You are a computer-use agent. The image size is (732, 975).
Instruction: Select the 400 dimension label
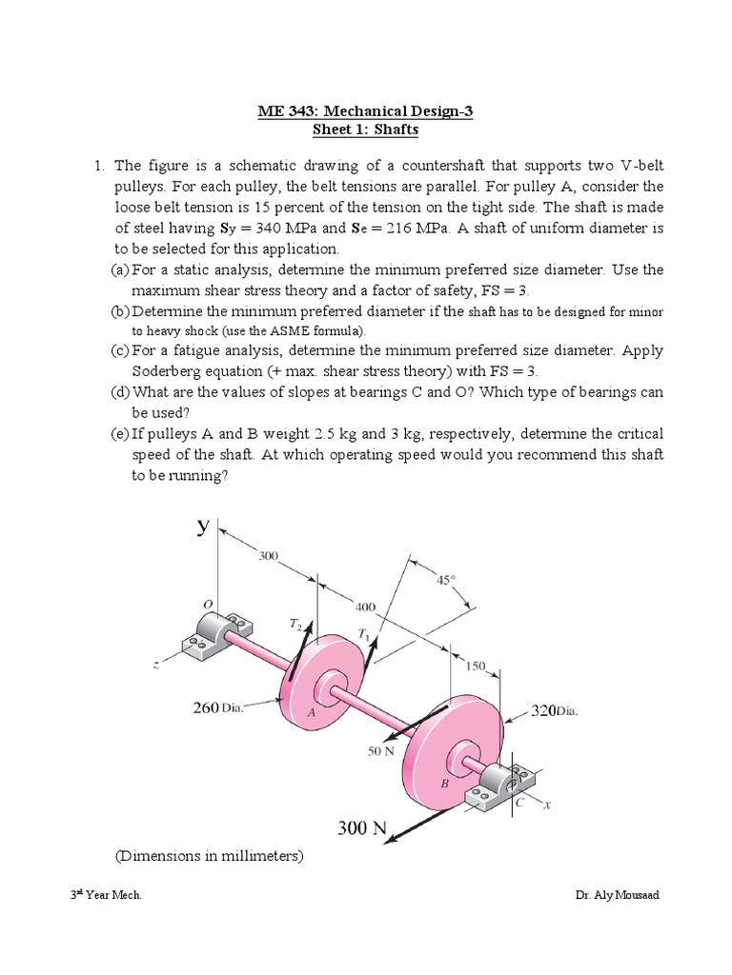click(x=365, y=606)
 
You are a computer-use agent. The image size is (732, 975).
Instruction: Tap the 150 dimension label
click(x=475, y=666)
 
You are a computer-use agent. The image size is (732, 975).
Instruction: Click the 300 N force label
click(x=361, y=828)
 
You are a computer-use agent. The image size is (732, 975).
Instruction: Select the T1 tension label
click(x=363, y=633)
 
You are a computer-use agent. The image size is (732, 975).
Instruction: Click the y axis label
click(x=203, y=526)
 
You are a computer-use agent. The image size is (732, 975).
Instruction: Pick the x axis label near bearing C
click(x=547, y=805)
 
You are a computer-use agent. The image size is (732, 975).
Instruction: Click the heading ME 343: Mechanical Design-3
click(x=365, y=111)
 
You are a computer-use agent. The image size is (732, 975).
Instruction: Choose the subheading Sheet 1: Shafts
click(x=366, y=129)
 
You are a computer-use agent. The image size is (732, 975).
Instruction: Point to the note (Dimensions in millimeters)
click(x=209, y=856)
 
